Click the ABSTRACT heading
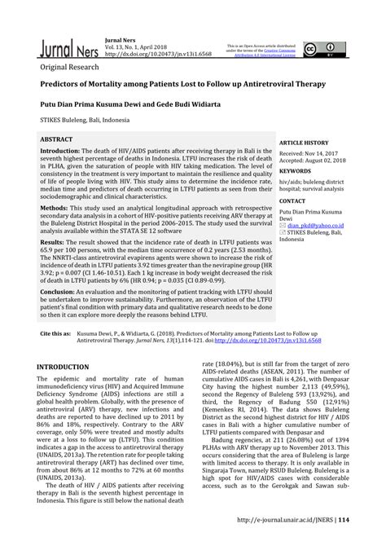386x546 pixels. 55,139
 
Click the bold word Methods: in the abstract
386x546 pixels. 55,208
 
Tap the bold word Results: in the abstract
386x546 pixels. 53,242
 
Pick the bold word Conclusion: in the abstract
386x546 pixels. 59,291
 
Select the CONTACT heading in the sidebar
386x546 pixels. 292,200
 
